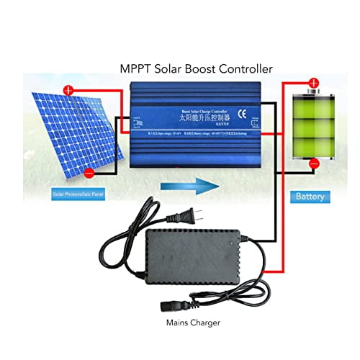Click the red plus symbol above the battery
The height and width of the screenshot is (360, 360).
[x=312, y=84]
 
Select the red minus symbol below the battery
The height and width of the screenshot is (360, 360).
[x=314, y=164]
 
